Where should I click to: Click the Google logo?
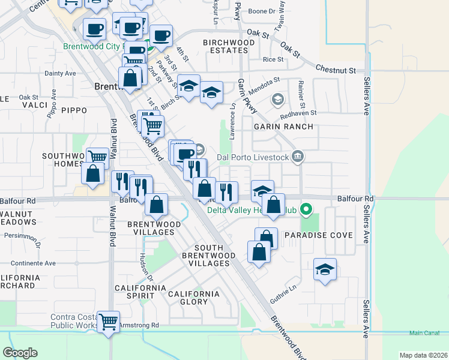click(20, 352)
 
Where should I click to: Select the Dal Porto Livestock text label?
click(253, 158)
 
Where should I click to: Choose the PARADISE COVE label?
click(318, 235)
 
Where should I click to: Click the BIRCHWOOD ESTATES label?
click(229, 47)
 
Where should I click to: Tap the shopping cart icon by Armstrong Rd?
click(108, 322)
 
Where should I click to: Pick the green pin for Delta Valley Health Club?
click(306, 210)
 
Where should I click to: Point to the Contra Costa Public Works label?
click(74, 321)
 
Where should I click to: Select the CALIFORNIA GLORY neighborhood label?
click(193, 298)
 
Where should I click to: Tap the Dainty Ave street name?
click(60, 73)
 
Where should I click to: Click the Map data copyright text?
click(423, 355)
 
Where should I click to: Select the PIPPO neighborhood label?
click(74, 110)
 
